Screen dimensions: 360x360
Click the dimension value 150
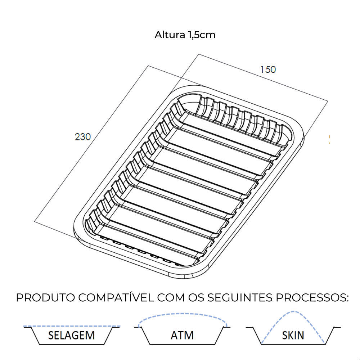pos(268,69)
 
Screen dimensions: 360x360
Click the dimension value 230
pos(83,137)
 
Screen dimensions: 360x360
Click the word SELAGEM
pos(71,335)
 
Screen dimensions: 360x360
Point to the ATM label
pos(182,335)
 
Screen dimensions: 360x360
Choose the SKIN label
pos(293,335)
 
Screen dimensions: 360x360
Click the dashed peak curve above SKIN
pos(294,312)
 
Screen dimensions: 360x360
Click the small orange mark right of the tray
pos(329,140)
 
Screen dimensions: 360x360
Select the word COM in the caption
pos(170,298)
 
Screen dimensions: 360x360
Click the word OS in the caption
pos(197,298)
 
